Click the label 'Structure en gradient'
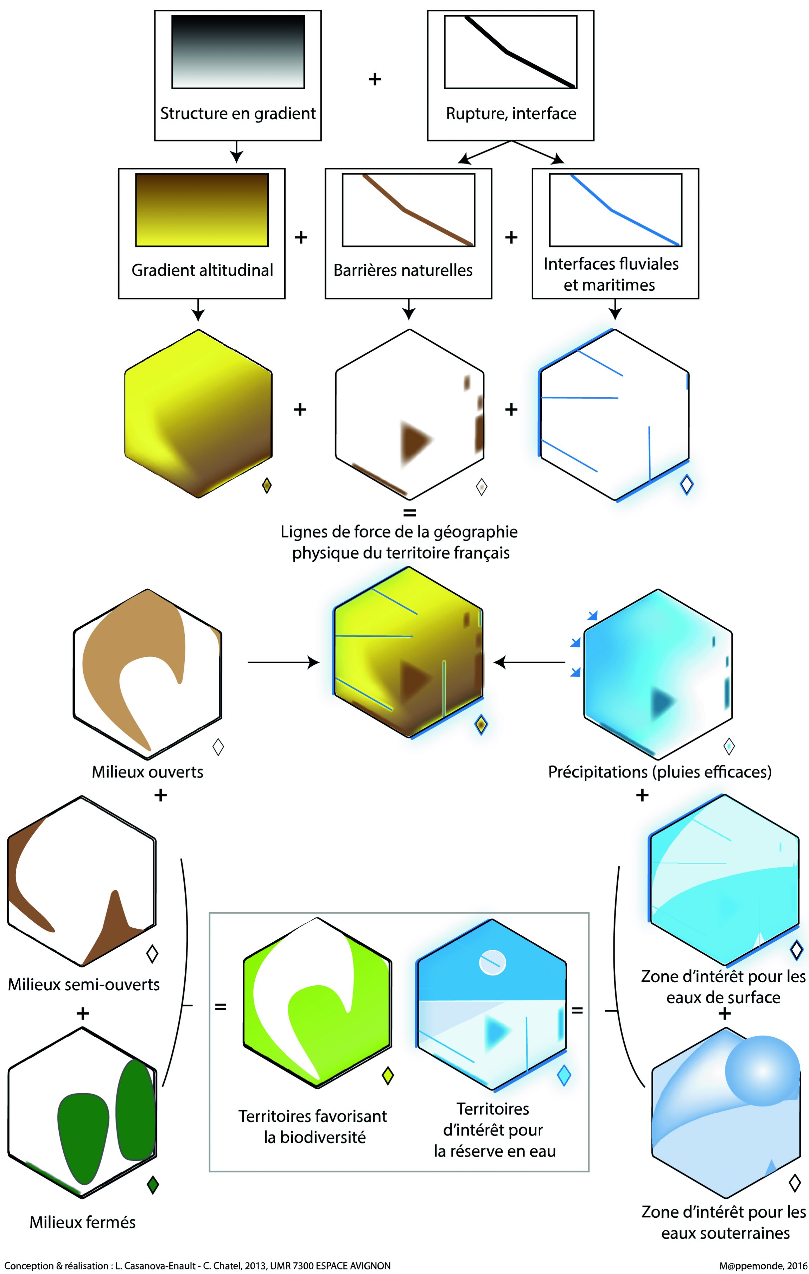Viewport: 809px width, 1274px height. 237,113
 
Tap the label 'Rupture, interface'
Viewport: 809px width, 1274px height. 511,113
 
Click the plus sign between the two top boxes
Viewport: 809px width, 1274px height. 375,79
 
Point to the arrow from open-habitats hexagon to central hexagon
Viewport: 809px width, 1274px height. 283,662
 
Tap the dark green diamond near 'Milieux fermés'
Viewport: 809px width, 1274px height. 153,1185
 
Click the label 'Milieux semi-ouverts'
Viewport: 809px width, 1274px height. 84,985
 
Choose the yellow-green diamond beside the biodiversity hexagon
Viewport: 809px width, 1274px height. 388,1076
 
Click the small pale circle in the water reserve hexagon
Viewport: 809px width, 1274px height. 492,962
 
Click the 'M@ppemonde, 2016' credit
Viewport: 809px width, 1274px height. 763,1266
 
